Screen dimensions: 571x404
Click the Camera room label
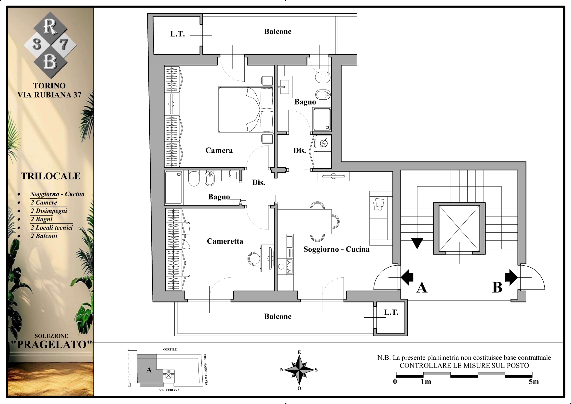click(x=219, y=150)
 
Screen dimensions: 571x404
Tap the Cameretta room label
click(x=225, y=241)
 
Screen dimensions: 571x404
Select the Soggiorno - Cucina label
click(x=336, y=249)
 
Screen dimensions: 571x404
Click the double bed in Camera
click(x=246, y=109)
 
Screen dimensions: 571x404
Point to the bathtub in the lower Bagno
click(x=174, y=188)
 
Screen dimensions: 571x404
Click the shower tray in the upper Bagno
click(x=322, y=119)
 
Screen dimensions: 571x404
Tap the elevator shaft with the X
click(x=459, y=228)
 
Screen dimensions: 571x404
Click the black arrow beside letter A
click(x=407, y=277)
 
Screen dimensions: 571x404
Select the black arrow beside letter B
click(x=511, y=277)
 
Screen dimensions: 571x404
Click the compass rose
click(x=299, y=370)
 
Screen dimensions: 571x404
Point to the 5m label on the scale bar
click(x=534, y=382)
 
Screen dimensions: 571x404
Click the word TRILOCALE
click(x=51, y=176)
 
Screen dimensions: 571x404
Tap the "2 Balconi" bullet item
click(x=44, y=236)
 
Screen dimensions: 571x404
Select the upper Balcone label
click(x=278, y=32)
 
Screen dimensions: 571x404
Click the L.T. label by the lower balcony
click(x=391, y=313)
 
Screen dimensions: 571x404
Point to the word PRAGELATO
click(x=51, y=345)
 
